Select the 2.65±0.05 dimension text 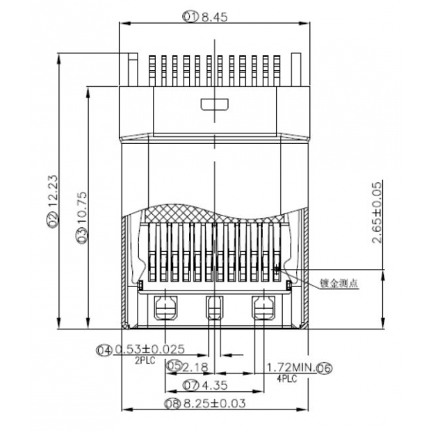(x=376, y=212)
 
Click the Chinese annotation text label (x=339, y=284)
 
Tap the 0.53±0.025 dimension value (x=149, y=350)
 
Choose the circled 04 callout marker (x=104, y=350)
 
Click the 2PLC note (x=145, y=360)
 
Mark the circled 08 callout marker (x=172, y=403)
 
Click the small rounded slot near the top (x=214, y=105)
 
